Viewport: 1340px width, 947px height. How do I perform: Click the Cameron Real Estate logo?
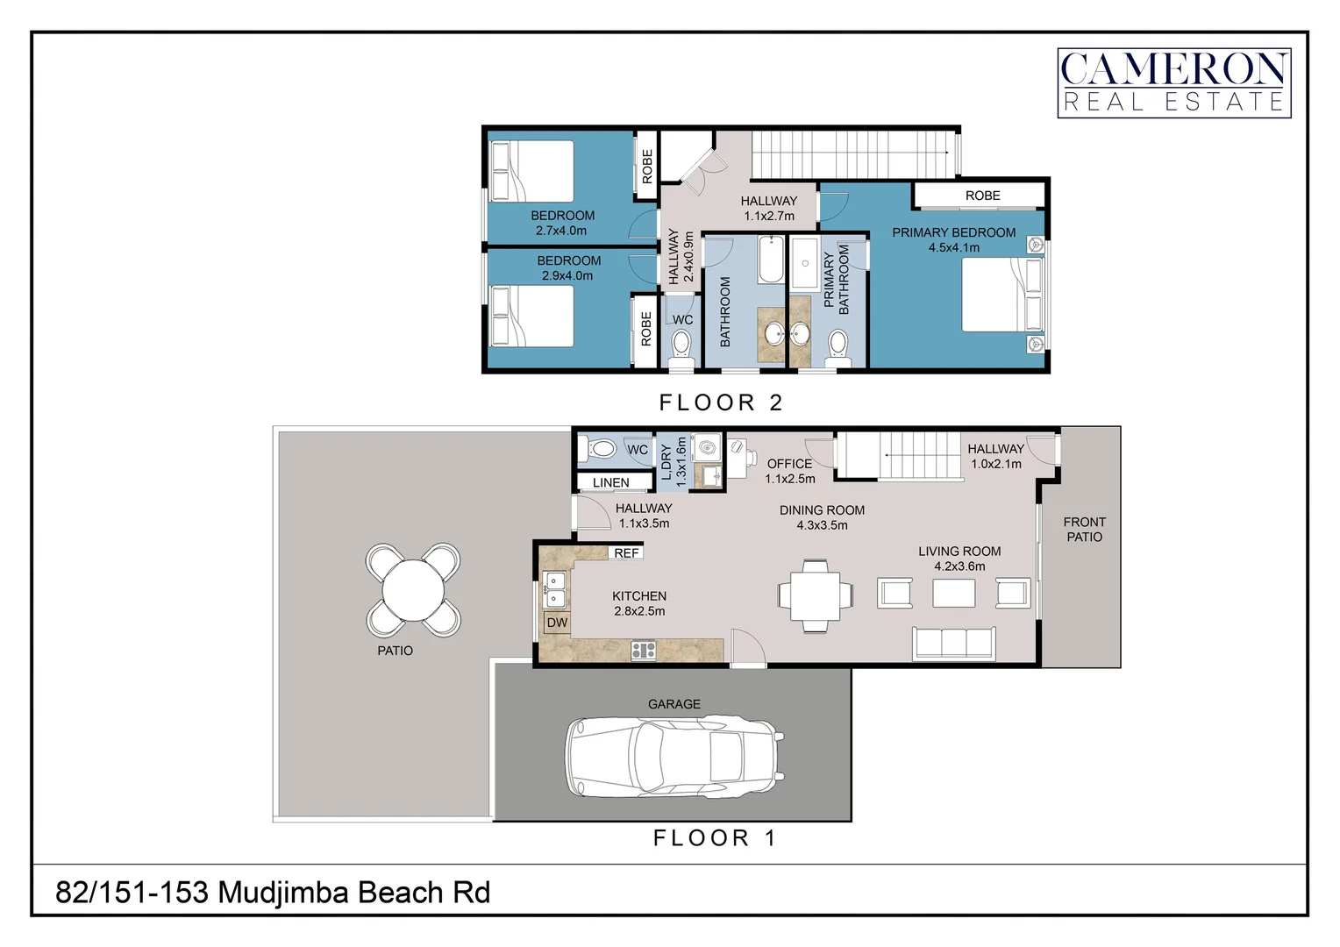point(1173,82)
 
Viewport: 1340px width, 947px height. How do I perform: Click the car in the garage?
point(674,757)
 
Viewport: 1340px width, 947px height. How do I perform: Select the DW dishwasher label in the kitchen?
point(557,623)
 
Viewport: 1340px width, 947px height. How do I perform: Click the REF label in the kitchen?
point(626,553)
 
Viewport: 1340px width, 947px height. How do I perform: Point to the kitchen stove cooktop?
point(644,650)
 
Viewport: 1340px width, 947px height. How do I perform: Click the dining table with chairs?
point(815,595)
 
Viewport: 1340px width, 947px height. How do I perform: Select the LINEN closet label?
point(610,482)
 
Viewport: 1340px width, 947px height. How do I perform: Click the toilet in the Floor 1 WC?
point(601,450)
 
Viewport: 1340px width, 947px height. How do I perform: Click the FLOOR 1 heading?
point(715,838)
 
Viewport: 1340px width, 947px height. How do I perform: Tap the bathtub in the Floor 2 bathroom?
point(771,260)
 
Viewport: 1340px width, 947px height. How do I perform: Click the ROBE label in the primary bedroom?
point(982,196)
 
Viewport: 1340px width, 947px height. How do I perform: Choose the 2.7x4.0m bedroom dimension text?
point(561,231)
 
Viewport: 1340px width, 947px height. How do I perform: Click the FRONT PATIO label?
point(1084,529)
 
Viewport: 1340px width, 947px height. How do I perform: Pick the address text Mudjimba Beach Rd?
point(273,893)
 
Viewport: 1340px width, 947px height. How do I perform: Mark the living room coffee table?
point(953,594)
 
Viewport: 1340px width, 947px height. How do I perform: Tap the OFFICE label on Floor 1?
point(789,464)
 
